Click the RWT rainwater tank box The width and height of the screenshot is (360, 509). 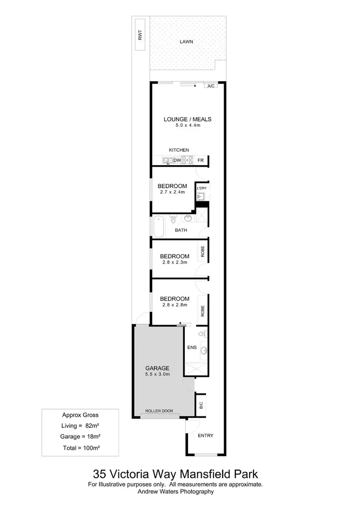(140, 36)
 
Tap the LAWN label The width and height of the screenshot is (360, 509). (186, 42)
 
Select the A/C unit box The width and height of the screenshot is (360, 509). (211, 86)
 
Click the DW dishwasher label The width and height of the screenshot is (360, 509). (177, 160)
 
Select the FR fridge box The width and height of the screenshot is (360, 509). (201, 160)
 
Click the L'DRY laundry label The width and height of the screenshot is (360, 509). (201, 188)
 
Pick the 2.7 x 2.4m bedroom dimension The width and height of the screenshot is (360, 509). (172, 192)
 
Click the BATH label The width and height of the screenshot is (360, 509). (181, 230)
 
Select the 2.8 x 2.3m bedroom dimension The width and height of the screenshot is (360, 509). (174, 262)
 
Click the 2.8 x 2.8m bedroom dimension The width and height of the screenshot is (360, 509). (174, 304)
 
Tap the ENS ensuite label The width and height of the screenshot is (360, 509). (192, 347)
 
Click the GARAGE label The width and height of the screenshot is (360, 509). (157, 368)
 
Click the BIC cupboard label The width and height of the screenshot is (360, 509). (201, 404)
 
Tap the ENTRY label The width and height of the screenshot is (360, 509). (205, 436)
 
